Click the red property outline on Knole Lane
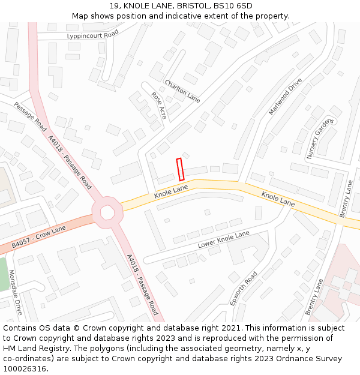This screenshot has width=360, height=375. click(179, 169)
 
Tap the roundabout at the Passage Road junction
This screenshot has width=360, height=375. click(107, 212)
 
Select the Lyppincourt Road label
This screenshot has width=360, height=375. click(93, 36)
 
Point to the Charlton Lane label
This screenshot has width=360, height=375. click(182, 91)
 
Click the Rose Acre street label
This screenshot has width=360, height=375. click(159, 105)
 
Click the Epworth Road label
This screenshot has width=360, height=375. click(244, 287)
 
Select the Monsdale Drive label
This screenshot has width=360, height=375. click(15, 292)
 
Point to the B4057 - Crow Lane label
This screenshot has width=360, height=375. click(38, 238)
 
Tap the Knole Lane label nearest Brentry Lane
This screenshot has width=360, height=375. click(278, 199)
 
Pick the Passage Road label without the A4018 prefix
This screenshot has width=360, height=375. click(30, 116)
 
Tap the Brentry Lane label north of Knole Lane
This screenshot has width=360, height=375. click(346, 199)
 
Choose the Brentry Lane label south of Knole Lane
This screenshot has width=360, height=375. click(313, 297)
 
